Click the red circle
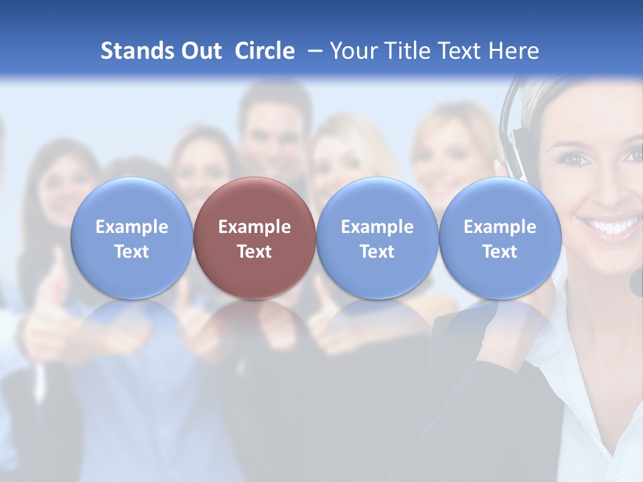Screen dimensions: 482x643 tap(255, 238)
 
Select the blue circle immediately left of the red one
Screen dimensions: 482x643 tap(131, 238)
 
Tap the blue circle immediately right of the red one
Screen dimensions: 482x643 tap(377, 238)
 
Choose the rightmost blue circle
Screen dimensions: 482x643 tap(500, 238)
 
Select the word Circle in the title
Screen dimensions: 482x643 tap(265, 51)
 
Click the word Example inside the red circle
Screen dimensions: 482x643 tap(255, 227)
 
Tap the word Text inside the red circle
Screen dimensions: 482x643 tap(255, 252)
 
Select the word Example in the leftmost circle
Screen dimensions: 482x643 tap(131, 227)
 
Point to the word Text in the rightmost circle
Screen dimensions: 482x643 tap(500, 252)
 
